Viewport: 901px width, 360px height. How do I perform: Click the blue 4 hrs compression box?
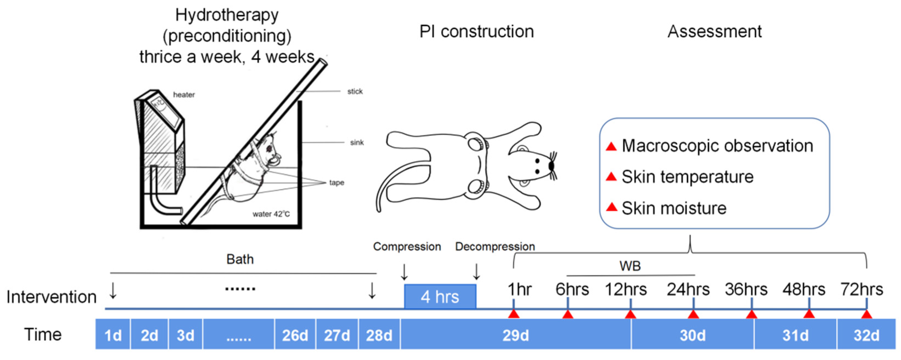(440, 296)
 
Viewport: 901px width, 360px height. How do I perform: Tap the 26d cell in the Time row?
(295, 335)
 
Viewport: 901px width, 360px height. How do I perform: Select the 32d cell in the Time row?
(866, 335)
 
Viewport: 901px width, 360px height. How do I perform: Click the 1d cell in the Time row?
(113, 335)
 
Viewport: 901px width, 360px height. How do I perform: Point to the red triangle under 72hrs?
(866, 314)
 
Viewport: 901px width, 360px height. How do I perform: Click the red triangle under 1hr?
(513, 314)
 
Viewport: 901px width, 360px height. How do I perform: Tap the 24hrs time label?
(688, 289)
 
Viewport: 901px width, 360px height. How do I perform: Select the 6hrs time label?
(572, 289)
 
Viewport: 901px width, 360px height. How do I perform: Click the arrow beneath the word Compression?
(404, 272)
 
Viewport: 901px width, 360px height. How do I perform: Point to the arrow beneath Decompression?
(476, 272)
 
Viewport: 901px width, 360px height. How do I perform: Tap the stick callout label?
(355, 91)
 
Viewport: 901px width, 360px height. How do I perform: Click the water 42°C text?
(271, 214)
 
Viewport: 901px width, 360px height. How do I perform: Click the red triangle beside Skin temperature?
(611, 177)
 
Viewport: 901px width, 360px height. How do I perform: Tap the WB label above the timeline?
(630, 266)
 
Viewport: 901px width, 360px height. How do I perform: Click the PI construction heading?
(476, 32)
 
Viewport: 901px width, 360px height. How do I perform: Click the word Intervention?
(51, 297)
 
